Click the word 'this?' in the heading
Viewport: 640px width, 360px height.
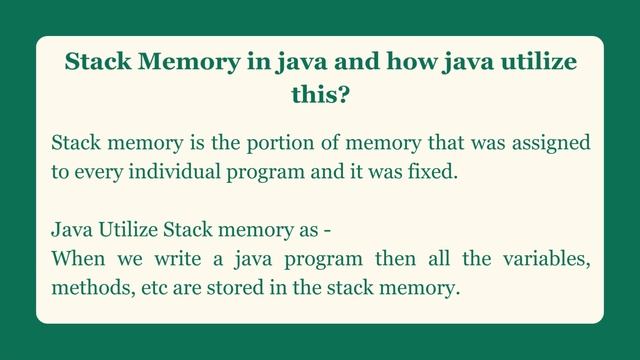319,97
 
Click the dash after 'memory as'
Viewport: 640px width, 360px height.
327,229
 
